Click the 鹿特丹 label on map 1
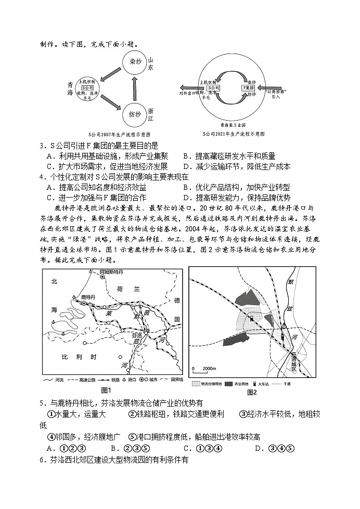coord(83,296)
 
